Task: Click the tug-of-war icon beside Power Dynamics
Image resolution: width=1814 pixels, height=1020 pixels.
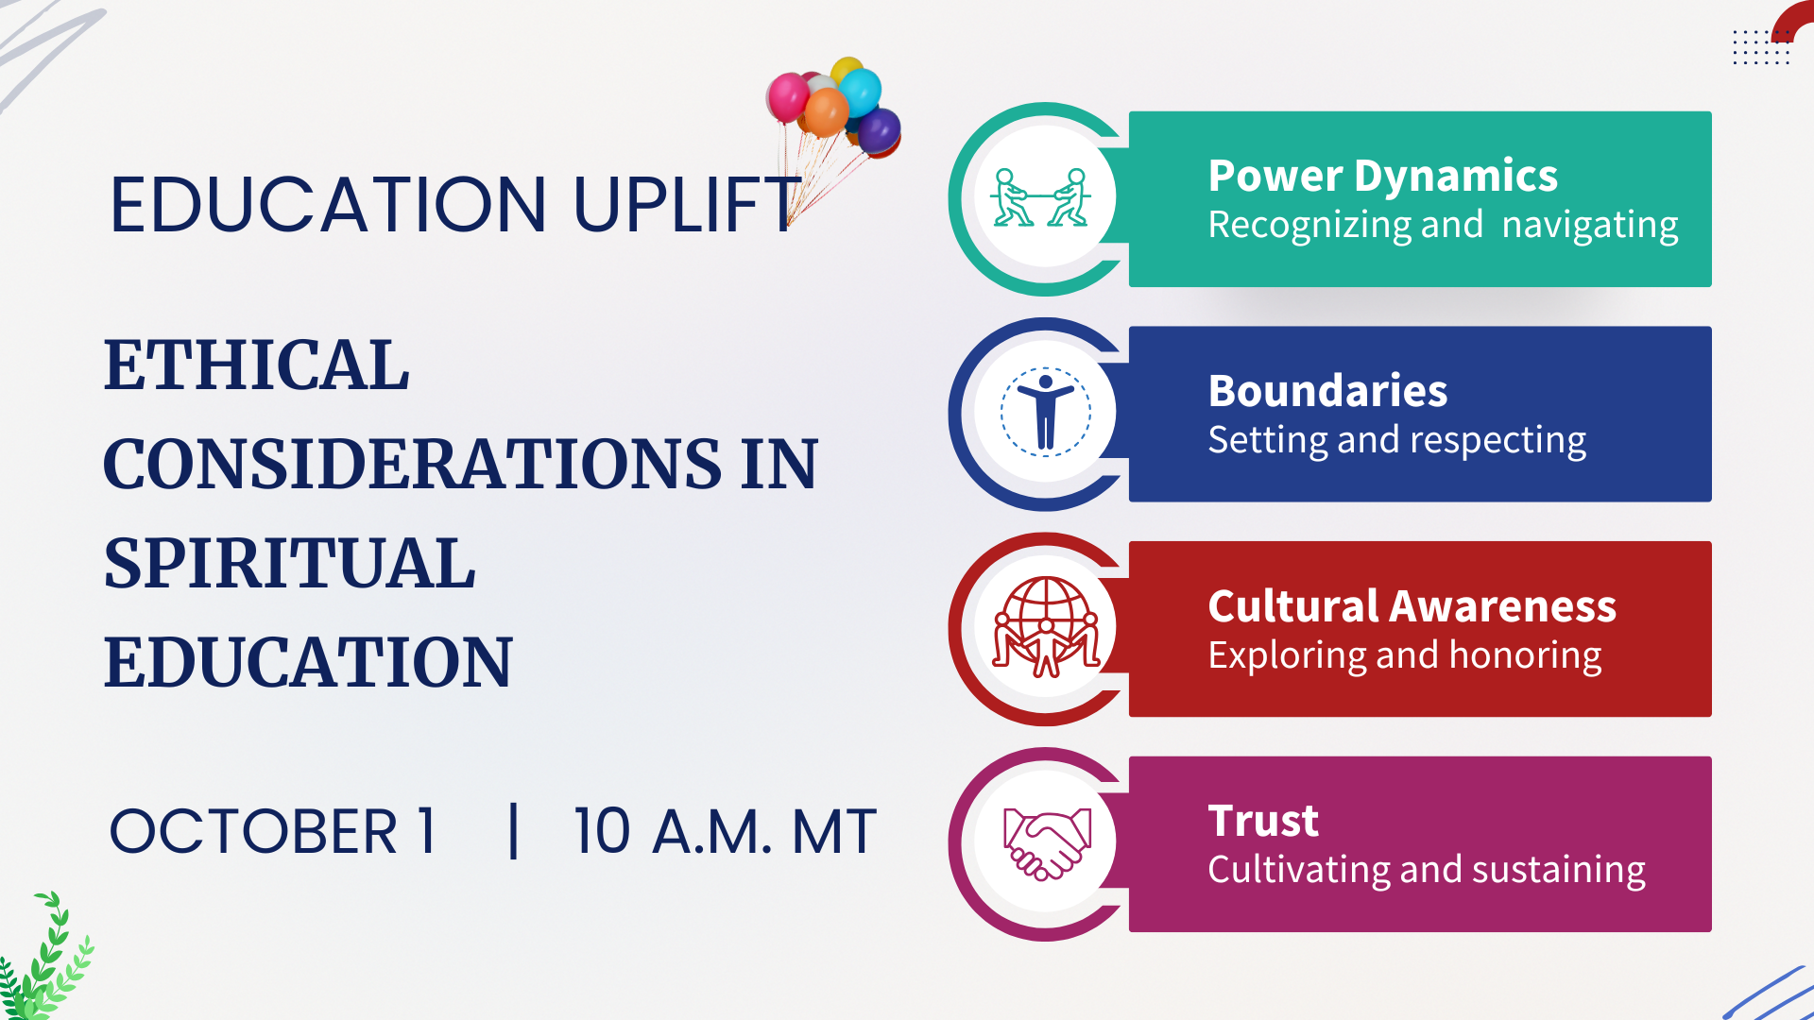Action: point(1040,197)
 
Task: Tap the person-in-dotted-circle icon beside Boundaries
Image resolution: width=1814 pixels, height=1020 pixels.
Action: point(1045,413)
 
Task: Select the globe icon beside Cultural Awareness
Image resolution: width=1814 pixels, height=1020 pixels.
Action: point(1046,627)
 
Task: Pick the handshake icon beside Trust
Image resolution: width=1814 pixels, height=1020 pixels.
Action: point(1046,843)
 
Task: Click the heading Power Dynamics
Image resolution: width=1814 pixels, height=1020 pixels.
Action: point(1382,177)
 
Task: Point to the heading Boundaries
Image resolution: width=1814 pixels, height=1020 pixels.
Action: point(1327,391)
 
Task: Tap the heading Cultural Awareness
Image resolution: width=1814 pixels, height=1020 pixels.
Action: point(1412,606)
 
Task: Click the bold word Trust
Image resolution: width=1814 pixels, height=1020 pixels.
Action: point(1263,821)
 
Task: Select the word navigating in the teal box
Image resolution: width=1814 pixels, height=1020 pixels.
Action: point(1590,226)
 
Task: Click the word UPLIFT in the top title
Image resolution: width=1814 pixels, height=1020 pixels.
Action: point(687,205)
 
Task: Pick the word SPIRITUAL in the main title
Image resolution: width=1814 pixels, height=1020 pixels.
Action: point(289,563)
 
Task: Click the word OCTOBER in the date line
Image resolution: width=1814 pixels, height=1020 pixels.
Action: point(253,832)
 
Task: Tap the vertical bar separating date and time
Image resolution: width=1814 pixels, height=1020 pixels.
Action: point(513,831)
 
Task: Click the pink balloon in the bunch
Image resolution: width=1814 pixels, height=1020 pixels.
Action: point(787,97)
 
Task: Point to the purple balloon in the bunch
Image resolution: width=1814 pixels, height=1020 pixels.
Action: point(879,130)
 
